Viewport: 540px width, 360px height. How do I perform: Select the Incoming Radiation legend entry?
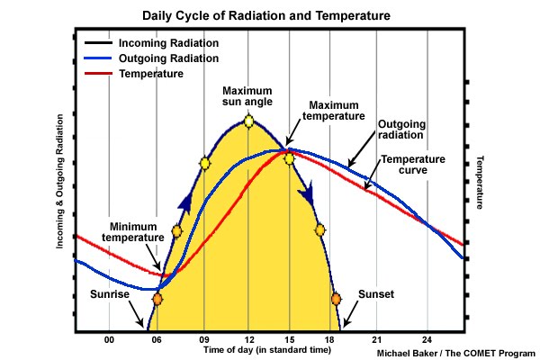tap(168, 43)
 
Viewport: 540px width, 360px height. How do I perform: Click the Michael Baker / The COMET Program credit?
tap(455, 353)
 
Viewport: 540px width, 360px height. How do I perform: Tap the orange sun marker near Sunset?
tap(336, 299)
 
